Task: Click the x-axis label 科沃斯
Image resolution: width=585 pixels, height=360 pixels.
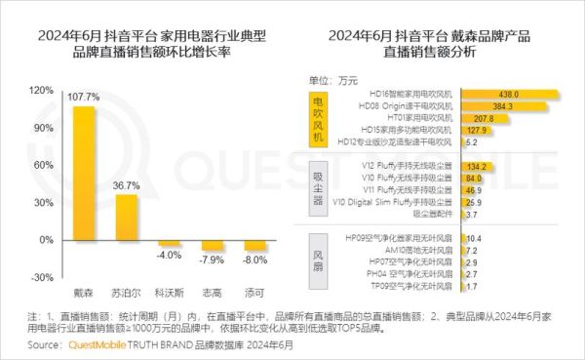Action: click(x=169, y=291)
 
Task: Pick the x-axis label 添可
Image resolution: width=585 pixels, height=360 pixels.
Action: click(x=253, y=291)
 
